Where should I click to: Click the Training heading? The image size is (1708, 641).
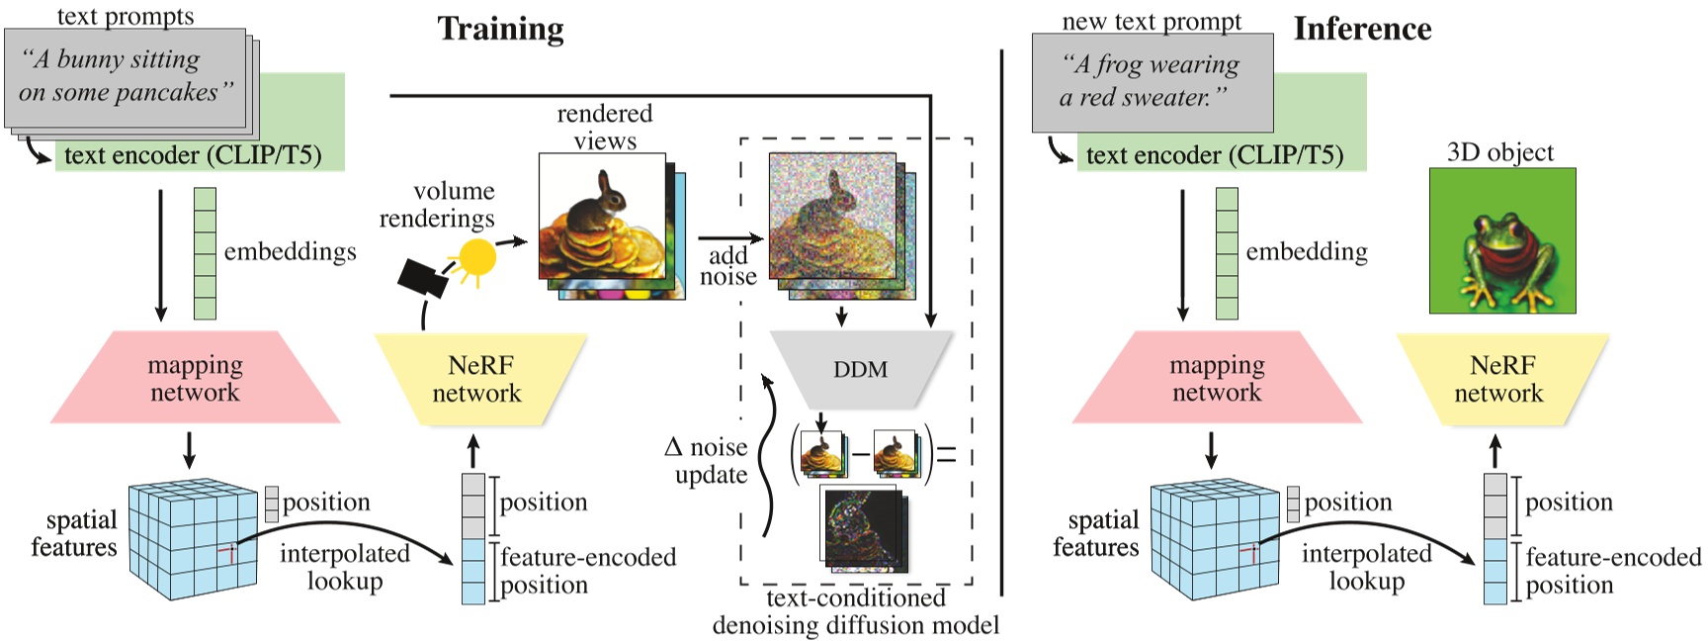pyautogui.click(x=500, y=29)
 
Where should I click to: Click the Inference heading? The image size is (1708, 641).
pyautogui.click(x=1362, y=29)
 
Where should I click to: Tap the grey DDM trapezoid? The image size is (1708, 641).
pyautogui.click(x=860, y=369)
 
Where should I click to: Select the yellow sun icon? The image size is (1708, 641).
pyautogui.click(x=476, y=258)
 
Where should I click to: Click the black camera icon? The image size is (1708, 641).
pyautogui.click(x=422, y=278)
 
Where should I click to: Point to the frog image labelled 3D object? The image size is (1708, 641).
pyautogui.click(x=1501, y=240)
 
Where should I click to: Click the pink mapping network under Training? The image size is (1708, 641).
pyautogui.click(x=195, y=378)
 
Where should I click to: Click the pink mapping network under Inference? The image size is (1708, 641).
pyautogui.click(x=1217, y=378)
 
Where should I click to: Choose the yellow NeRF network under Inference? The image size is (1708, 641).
pyautogui.click(x=1500, y=379)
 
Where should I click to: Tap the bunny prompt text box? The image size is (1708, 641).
pyautogui.click(x=125, y=77)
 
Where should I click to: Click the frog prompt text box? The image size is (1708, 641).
pyautogui.click(x=1152, y=82)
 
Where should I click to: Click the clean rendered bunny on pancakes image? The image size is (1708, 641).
pyautogui.click(x=602, y=217)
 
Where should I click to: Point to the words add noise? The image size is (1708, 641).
pyautogui.click(x=728, y=266)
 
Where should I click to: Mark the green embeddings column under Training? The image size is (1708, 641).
pyautogui.click(x=205, y=253)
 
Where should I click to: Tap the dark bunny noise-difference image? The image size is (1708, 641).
pyautogui.click(x=861, y=528)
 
